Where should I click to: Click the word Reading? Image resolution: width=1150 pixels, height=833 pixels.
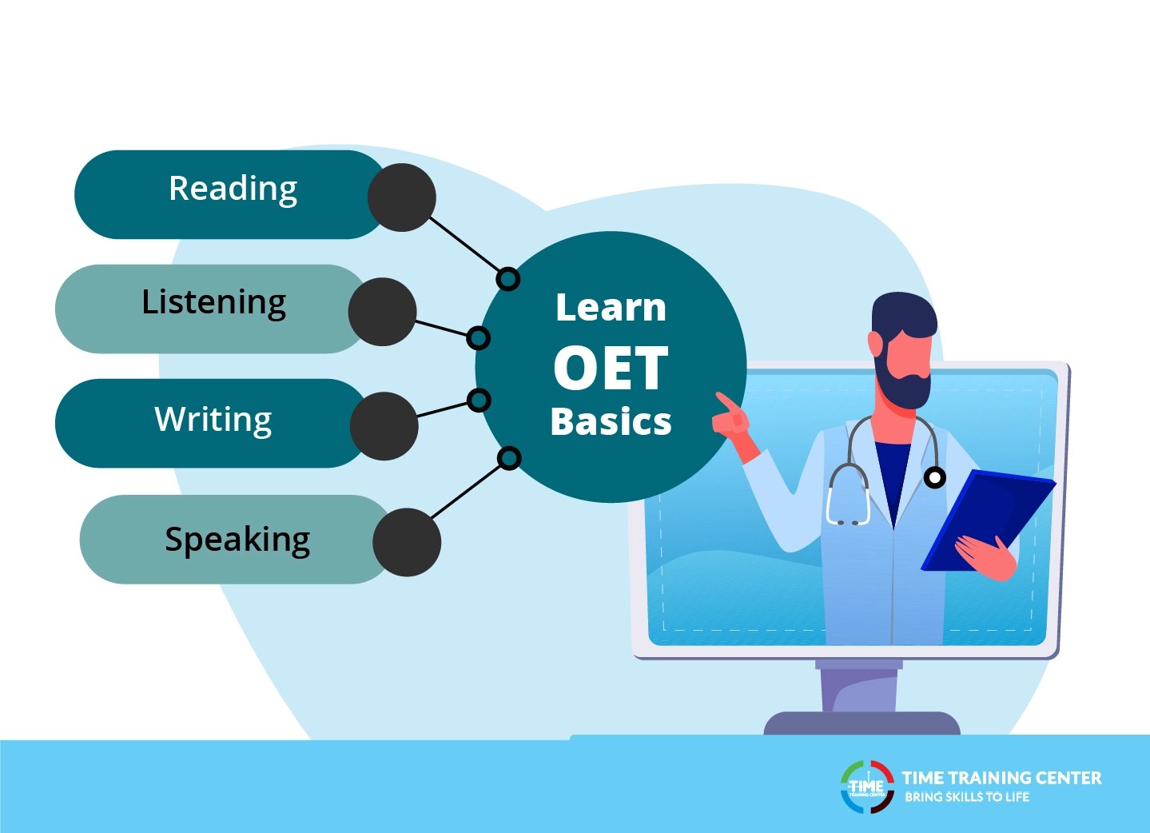(233, 189)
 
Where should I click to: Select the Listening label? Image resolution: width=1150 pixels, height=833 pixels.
(213, 303)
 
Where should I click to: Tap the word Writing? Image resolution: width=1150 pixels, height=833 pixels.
(213, 420)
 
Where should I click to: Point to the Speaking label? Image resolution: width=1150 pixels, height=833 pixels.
(237, 540)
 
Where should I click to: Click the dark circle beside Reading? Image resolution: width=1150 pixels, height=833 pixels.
(401, 197)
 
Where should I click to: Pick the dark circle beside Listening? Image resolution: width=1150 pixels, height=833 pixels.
(382, 312)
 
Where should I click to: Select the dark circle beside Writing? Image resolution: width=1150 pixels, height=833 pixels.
(384, 426)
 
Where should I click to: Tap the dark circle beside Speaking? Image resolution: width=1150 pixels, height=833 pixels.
(407, 542)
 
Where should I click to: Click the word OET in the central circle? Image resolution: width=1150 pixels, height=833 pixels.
(611, 369)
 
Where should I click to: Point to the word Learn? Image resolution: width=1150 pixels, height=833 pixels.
(611, 308)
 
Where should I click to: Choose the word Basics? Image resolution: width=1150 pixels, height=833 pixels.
(611, 421)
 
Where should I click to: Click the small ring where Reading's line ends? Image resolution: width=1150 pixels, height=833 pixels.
(507, 279)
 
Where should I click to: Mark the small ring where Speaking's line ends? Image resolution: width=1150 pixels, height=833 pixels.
(509, 458)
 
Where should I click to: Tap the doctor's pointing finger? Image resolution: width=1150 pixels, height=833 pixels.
(724, 401)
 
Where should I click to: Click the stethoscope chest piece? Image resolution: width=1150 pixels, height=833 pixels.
(934, 478)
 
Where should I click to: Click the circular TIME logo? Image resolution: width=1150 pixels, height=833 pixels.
(867, 787)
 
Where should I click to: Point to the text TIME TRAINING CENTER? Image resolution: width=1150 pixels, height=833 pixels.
(1001, 778)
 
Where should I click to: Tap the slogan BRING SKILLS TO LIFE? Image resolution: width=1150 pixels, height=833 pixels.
(966, 797)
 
